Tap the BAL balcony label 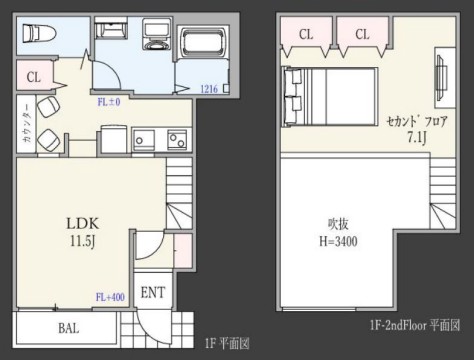click(68, 327)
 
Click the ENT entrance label click(154, 292)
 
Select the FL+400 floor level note click(109, 296)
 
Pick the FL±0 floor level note click(108, 101)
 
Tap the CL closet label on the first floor click(34, 76)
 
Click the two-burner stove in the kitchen click(178, 137)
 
